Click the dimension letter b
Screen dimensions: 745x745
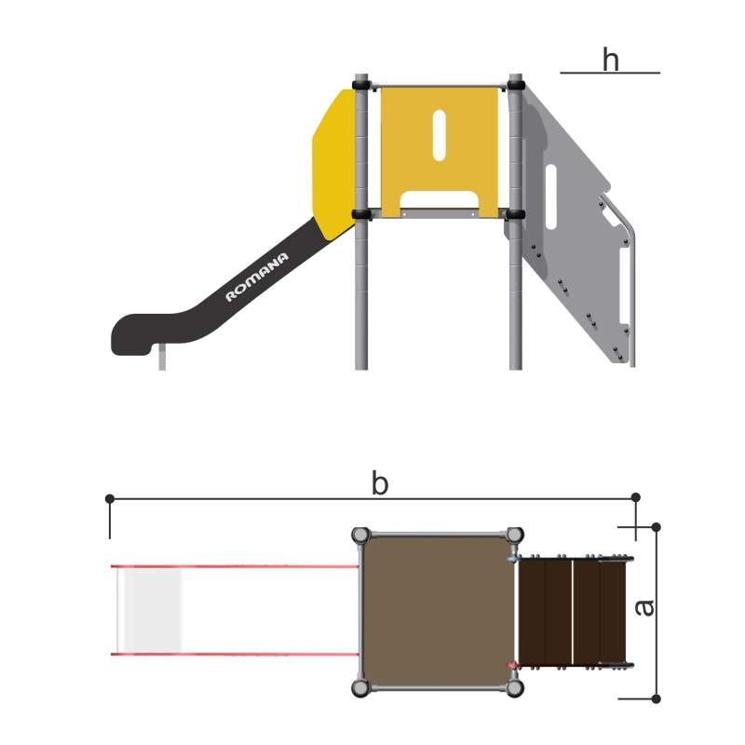(380, 482)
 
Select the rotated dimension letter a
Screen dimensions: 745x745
(644, 608)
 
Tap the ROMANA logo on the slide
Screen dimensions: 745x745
(257, 277)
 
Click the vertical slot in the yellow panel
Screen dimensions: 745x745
(439, 135)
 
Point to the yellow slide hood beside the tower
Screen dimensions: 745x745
(334, 164)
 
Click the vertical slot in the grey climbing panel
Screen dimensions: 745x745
(551, 196)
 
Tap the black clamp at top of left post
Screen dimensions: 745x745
(361, 86)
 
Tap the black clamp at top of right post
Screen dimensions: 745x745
(516, 86)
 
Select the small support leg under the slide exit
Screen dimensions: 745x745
(162, 358)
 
